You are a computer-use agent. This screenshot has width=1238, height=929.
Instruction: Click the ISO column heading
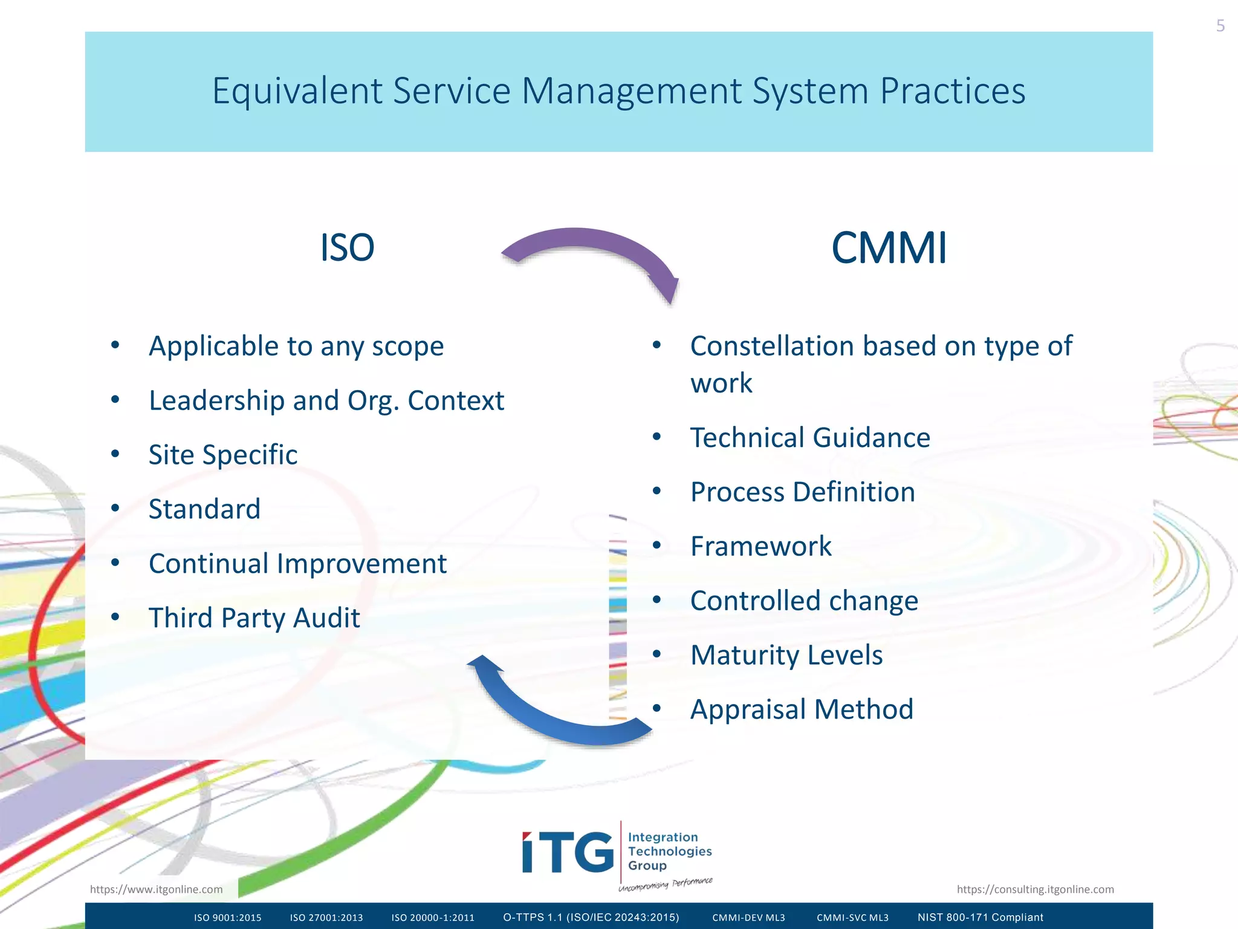[347, 248]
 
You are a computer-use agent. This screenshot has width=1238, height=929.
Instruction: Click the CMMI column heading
[889, 248]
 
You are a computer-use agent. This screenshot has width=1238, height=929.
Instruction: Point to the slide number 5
[1220, 26]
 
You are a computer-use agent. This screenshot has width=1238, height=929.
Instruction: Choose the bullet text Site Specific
[223, 455]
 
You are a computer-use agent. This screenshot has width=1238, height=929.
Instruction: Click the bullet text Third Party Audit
[254, 618]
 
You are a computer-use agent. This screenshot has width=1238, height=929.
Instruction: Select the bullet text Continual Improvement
[297, 564]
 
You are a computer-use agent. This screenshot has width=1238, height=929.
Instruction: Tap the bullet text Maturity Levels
[786, 655]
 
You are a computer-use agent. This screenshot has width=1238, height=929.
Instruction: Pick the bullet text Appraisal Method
[802, 709]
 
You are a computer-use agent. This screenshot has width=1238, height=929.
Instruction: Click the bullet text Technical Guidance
[810, 438]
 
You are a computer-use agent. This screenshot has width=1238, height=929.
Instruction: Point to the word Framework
[760, 546]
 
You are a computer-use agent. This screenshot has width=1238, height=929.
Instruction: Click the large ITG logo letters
[568, 852]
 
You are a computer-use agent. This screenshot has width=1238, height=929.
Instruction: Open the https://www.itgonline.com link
[156, 889]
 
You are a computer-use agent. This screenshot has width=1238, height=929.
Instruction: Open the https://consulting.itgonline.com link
[1035, 889]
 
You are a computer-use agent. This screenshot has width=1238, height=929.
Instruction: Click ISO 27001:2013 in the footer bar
[326, 918]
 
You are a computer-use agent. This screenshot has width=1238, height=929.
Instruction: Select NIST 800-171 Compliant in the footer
[980, 918]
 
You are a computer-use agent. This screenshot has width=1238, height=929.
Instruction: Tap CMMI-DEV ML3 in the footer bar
[748, 918]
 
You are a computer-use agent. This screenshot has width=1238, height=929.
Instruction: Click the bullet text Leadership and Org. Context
[326, 400]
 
